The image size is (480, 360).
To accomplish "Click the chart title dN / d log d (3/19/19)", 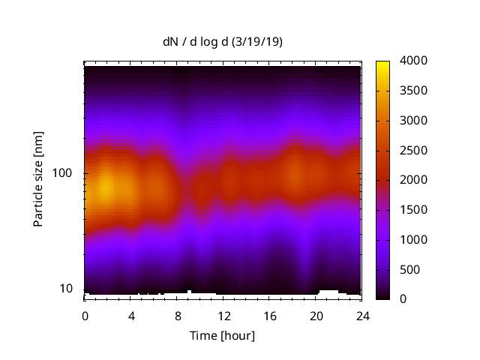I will point(223,42).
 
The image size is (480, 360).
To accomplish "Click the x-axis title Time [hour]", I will point(223,335).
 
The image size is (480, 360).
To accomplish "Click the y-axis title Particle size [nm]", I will point(38,180).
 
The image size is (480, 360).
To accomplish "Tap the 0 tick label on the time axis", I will point(85,315).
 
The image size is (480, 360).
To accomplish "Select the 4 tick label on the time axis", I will point(131,315).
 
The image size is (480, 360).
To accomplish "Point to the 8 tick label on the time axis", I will point(178,315).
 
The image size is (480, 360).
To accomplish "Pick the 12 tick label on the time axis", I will point(223,315).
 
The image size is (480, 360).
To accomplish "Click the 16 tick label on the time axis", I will point(270,315).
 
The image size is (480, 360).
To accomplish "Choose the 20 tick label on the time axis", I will point(316,315).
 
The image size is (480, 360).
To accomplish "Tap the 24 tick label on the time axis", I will point(362,315).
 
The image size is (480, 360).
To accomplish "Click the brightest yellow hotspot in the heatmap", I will point(106,185).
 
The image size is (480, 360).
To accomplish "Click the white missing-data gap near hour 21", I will point(328,292).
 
